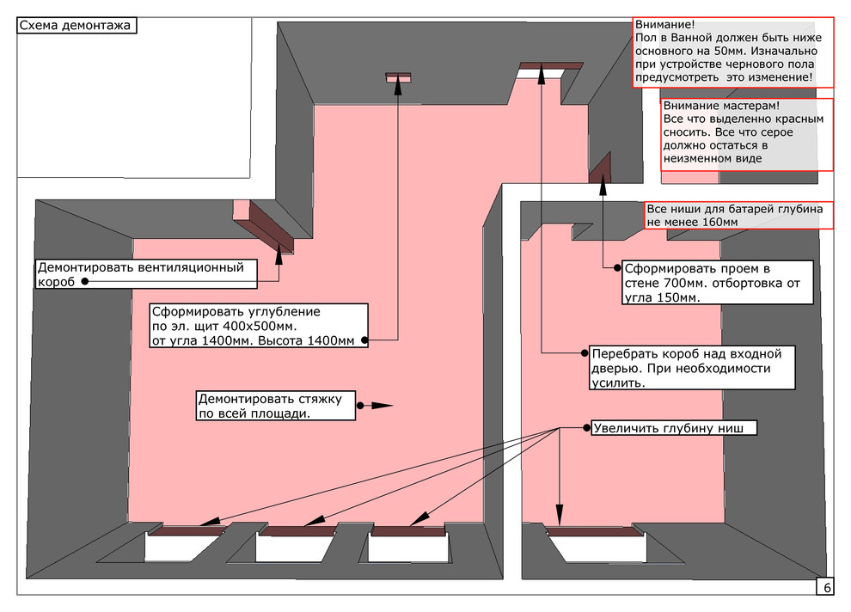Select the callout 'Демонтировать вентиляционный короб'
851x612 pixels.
[146, 274]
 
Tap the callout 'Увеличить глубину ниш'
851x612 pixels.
[673, 428]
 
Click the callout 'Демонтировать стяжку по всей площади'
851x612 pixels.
[275, 406]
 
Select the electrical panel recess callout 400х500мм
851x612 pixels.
[259, 326]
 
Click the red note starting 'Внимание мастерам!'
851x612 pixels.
[746, 134]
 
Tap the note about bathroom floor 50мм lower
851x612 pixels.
[733, 52]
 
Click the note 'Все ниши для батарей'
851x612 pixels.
[738, 216]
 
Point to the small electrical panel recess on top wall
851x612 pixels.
[399, 76]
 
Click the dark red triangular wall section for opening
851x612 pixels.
[602, 168]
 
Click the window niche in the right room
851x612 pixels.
[597, 548]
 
